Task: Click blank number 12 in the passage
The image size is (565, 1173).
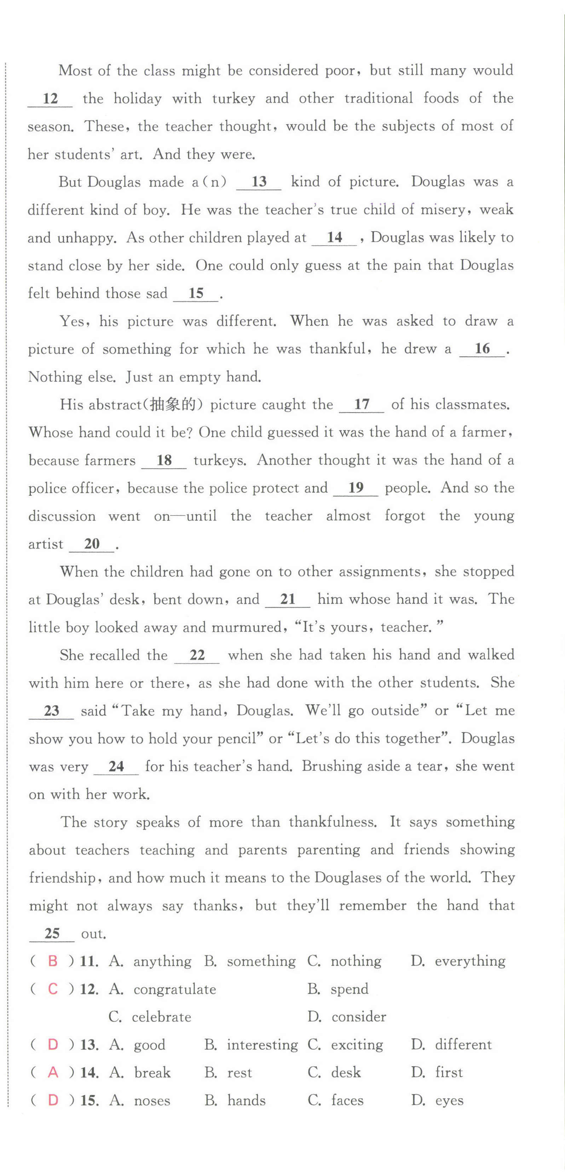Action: pyautogui.click(x=50, y=98)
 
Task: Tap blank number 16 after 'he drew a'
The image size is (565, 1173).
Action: pyautogui.click(x=482, y=349)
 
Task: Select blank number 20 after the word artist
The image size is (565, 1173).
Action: pyautogui.click(x=92, y=544)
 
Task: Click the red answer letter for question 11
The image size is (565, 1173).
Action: pyautogui.click(x=53, y=961)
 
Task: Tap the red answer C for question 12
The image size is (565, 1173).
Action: pyautogui.click(x=53, y=989)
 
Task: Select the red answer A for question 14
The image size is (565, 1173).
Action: pyautogui.click(x=53, y=1073)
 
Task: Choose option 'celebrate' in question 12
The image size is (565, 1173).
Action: pyautogui.click(x=161, y=1017)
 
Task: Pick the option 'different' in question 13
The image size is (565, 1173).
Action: pyautogui.click(x=463, y=1045)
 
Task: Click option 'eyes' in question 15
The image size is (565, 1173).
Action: pyautogui.click(x=449, y=1100)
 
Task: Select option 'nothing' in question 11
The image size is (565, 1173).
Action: pyautogui.click(x=356, y=961)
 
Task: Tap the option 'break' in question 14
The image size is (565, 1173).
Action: pyautogui.click(x=152, y=1073)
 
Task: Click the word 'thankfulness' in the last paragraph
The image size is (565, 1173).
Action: pyautogui.click(x=333, y=822)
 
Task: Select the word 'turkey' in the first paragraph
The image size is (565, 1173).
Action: pyautogui.click(x=234, y=98)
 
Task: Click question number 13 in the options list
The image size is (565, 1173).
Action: pyautogui.click(x=89, y=1045)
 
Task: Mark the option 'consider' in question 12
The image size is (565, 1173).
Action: pyautogui.click(x=359, y=1017)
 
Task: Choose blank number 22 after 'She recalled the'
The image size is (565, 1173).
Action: pyautogui.click(x=197, y=655)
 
